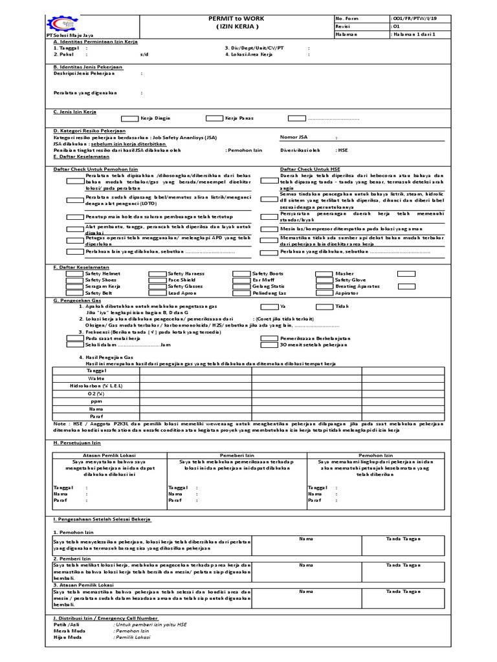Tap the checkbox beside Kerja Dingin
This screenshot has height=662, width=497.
coord(130,118)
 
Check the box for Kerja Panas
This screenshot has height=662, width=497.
coord(214,118)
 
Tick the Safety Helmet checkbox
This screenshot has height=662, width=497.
coord(74,274)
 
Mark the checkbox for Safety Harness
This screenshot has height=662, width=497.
coord(157,274)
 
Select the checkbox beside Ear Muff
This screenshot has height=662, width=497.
coord(241,280)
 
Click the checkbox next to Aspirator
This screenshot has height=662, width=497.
coord(324,293)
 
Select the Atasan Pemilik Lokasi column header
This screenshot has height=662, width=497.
coord(109,455)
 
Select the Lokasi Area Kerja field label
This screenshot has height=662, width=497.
coord(249,54)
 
